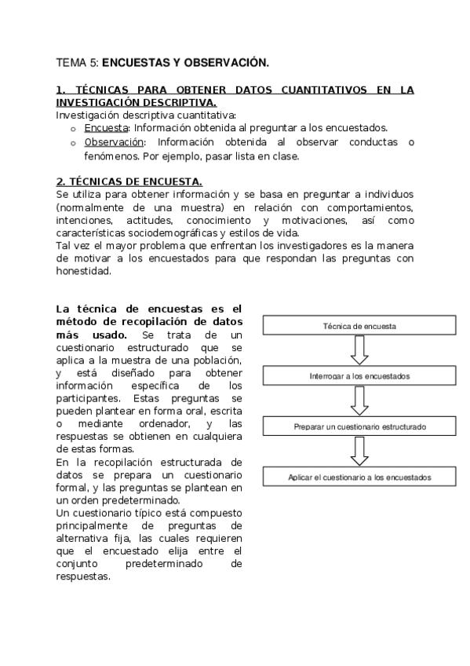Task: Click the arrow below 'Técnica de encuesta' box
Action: coord(359,351)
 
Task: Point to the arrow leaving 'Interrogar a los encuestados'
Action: coord(359,401)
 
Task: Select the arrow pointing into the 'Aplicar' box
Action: coord(359,452)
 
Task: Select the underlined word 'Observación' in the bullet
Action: coord(114,141)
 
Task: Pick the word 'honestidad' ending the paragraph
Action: coord(85,272)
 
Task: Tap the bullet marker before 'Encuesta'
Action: coord(74,128)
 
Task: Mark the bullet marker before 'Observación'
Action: coord(74,142)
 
